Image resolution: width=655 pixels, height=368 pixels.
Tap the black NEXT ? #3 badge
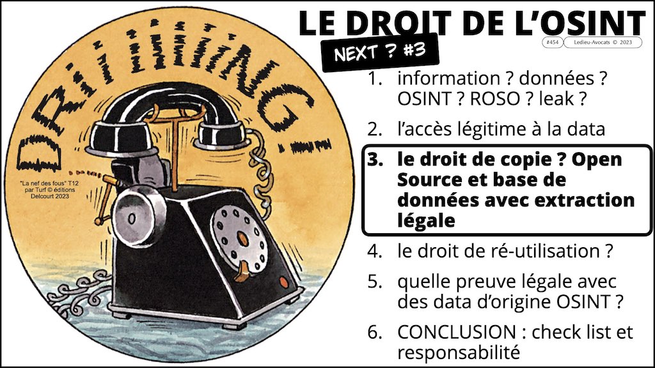380,52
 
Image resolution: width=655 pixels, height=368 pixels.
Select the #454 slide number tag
552,42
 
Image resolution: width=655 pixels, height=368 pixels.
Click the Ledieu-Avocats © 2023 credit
603,42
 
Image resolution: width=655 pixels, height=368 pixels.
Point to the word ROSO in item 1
493,99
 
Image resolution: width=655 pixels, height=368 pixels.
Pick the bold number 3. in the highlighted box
375,160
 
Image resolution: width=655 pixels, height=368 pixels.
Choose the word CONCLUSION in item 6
457,332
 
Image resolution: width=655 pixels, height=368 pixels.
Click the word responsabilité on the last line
459,353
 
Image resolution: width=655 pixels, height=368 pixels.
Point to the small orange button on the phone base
283,282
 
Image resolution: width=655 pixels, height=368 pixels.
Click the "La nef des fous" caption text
49,189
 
